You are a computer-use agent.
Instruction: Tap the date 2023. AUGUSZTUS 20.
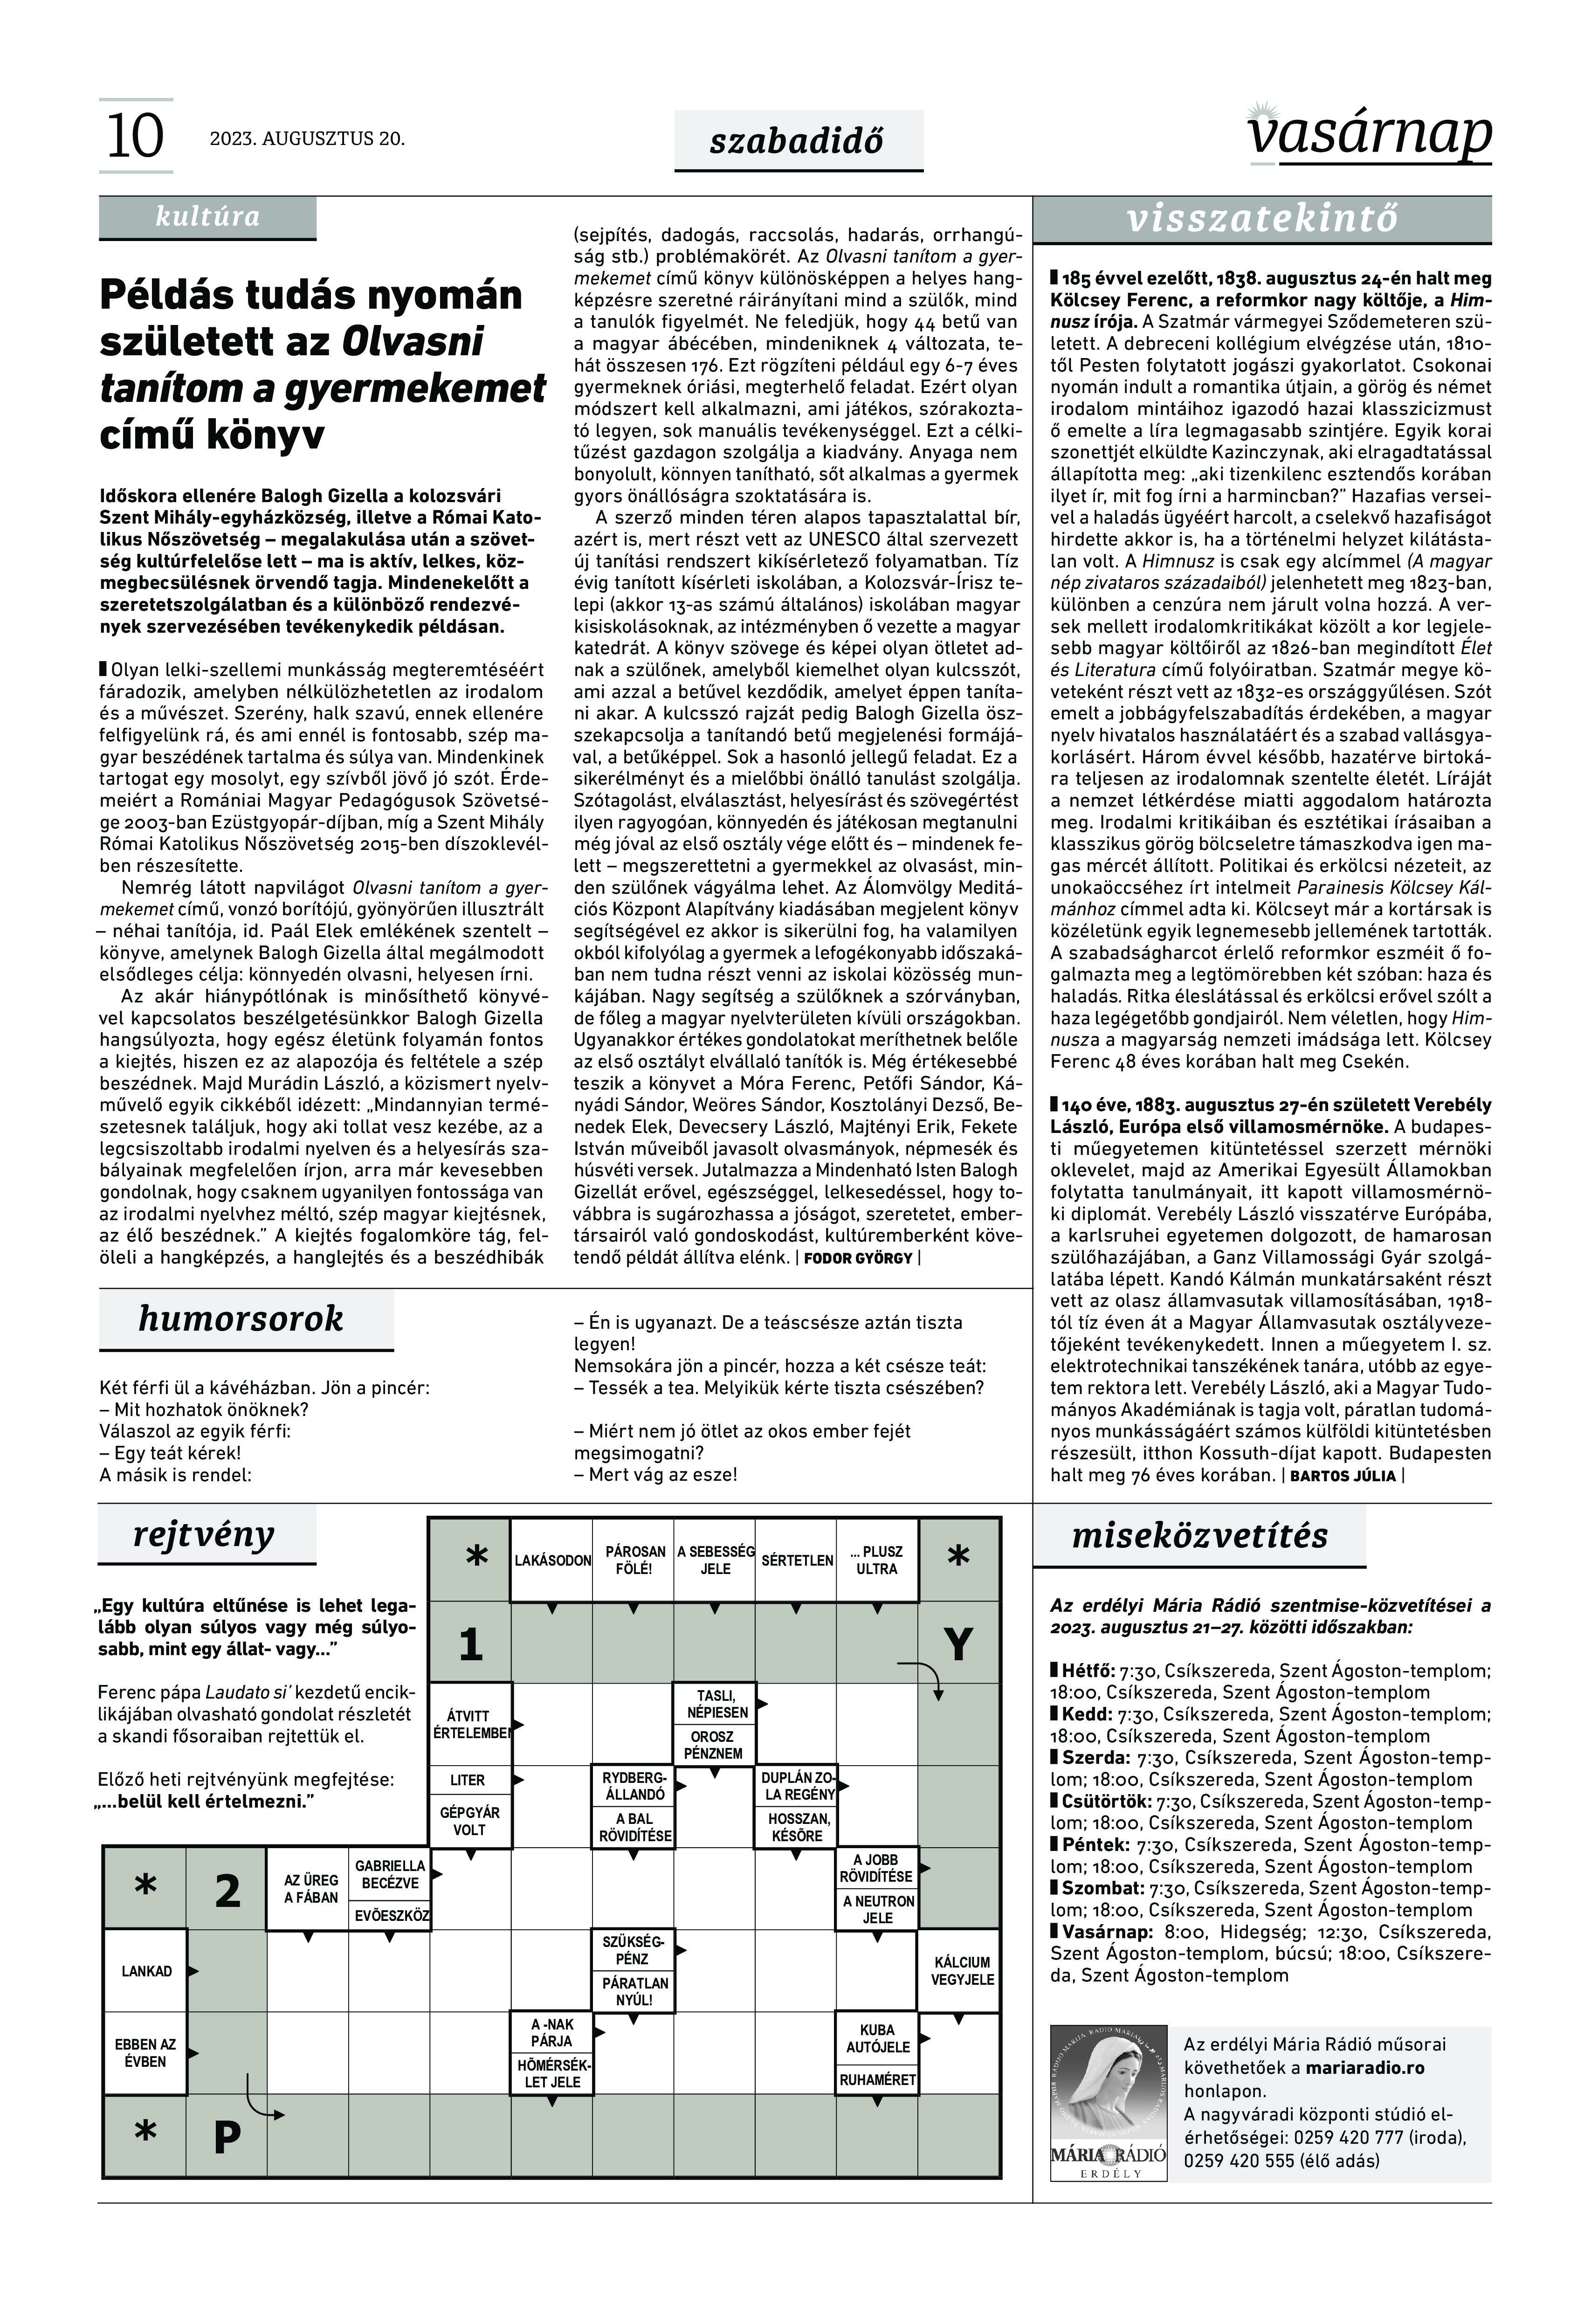tap(307, 138)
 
